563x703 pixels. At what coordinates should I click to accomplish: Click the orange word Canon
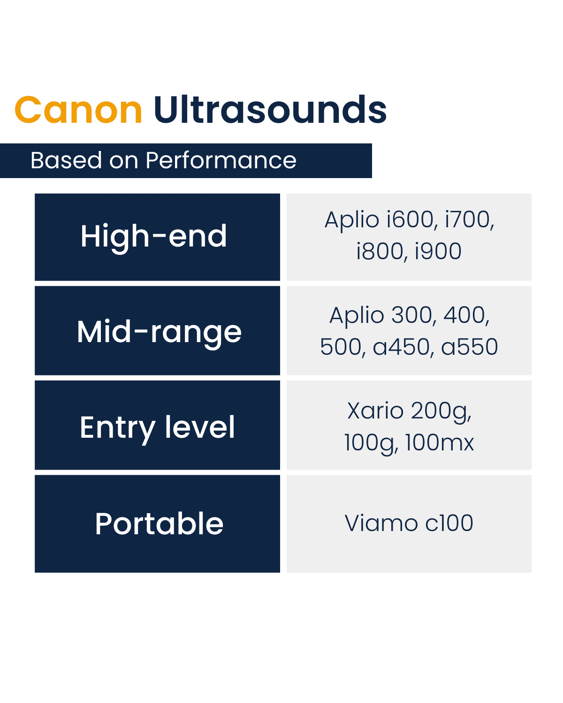pyautogui.click(x=78, y=111)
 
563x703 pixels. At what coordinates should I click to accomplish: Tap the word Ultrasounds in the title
pyautogui.click(x=270, y=111)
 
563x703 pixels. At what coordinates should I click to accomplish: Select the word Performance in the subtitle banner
pyautogui.click(x=221, y=161)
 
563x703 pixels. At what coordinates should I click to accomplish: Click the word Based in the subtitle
pyautogui.click(x=66, y=161)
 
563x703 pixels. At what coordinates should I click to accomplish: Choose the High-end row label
pyautogui.click(x=154, y=236)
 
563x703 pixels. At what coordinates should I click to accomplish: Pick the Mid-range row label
pyautogui.click(x=159, y=332)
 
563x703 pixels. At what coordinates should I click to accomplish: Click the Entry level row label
pyautogui.click(x=157, y=427)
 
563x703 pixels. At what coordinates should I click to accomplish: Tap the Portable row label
pyautogui.click(x=159, y=524)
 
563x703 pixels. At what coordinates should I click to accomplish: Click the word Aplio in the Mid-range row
pyautogui.click(x=357, y=315)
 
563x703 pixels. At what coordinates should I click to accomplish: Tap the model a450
pyautogui.click(x=402, y=347)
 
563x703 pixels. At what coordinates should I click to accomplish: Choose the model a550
pyautogui.click(x=470, y=347)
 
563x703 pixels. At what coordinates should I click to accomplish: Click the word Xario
pyautogui.click(x=375, y=411)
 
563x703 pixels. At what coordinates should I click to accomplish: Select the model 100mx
pyautogui.click(x=440, y=443)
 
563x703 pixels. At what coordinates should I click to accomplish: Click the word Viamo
pyautogui.click(x=381, y=524)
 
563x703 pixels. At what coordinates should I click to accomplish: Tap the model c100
pyautogui.click(x=449, y=524)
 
